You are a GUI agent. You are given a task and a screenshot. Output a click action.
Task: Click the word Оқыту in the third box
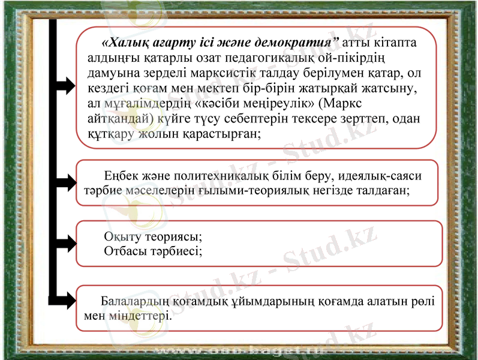(122, 236)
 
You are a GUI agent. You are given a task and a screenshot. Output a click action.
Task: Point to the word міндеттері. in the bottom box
(141, 315)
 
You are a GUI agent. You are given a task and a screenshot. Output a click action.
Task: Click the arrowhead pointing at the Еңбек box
(67, 181)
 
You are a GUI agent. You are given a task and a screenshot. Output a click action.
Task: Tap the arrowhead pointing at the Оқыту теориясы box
(67, 244)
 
